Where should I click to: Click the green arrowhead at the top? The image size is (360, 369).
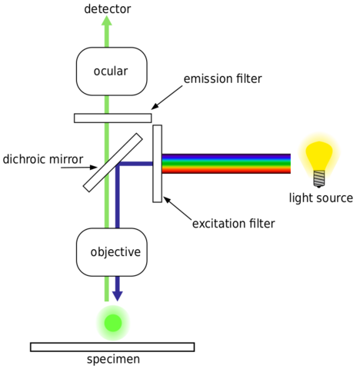pyautogui.click(x=106, y=21)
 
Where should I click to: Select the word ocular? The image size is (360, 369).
pyautogui.click(x=111, y=71)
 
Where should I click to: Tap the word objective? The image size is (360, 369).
pyautogui.click(x=115, y=252)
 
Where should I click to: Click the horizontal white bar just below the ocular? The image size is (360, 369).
pyautogui.click(x=112, y=118)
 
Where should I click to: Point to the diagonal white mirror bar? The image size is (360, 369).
pyautogui.click(x=112, y=162)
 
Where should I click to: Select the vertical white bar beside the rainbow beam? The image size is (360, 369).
pyautogui.click(x=157, y=163)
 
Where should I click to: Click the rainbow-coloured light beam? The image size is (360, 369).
pyautogui.click(x=227, y=164)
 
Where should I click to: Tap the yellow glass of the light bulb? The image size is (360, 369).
pyautogui.click(x=318, y=151)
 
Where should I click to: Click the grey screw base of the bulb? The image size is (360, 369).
pyautogui.click(x=319, y=178)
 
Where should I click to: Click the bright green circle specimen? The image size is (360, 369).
pyautogui.click(x=112, y=323)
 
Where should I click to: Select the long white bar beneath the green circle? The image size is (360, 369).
pyautogui.click(x=112, y=347)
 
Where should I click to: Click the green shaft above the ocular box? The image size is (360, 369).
pyautogui.click(x=106, y=38)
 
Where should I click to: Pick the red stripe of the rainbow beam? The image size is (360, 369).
pyautogui.click(x=227, y=171)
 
